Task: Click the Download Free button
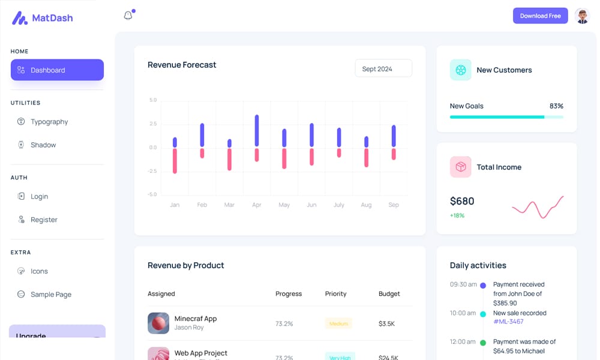(x=540, y=16)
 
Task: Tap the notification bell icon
(x=128, y=16)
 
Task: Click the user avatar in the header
(x=582, y=16)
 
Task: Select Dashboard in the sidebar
(x=57, y=70)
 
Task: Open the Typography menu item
(x=49, y=122)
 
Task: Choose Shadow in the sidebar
(x=43, y=145)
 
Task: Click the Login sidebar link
(x=39, y=196)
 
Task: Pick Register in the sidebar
(x=44, y=220)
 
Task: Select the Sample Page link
(x=51, y=295)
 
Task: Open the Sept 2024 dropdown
(x=383, y=68)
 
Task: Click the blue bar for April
(x=257, y=130)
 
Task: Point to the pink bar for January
(x=175, y=161)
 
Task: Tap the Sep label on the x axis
(x=394, y=205)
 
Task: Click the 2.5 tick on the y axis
(x=153, y=124)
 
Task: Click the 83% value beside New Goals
(x=556, y=106)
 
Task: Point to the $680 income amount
(x=462, y=201)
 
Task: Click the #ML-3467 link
(x=508, y=322)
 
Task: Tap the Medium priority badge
(x=338, y=324)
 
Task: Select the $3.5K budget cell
(x=386, y=324)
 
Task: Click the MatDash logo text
(x=52, y=18)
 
